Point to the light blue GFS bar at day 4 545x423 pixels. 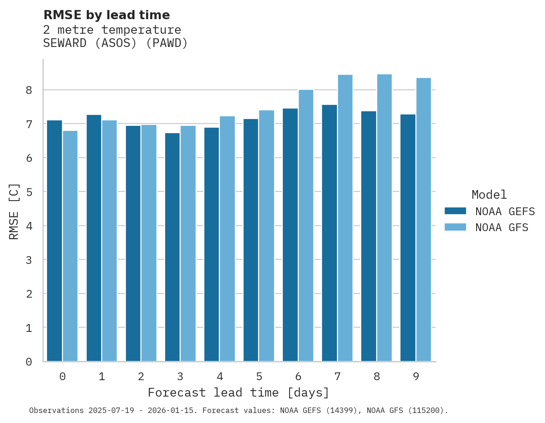pyautogui.click(x=228, y=239)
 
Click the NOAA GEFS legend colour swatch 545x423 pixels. pyautogui.click(x=455, y=211)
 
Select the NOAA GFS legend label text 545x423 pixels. pyautogui.click(x=502, y=227)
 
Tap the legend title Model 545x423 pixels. pyautogui.click(x=489, y=195)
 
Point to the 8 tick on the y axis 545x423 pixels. pyautogui.click(x=29, y=90)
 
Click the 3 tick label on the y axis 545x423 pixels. pyautogui.click(x=29, y=260)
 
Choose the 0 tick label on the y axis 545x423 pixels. pyautogui.click(x=29, y=362)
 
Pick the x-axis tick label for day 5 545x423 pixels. pyautogui.click(x=259, y=377)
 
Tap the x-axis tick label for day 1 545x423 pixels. pyautogui.click(x=102, y=377)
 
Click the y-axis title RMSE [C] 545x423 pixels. pyautogui.click(x=14, y=211)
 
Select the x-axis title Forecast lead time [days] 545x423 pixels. pyautogui.click(x=239, y=393)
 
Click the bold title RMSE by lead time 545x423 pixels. pyautogui.click(x=107, y=15)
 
